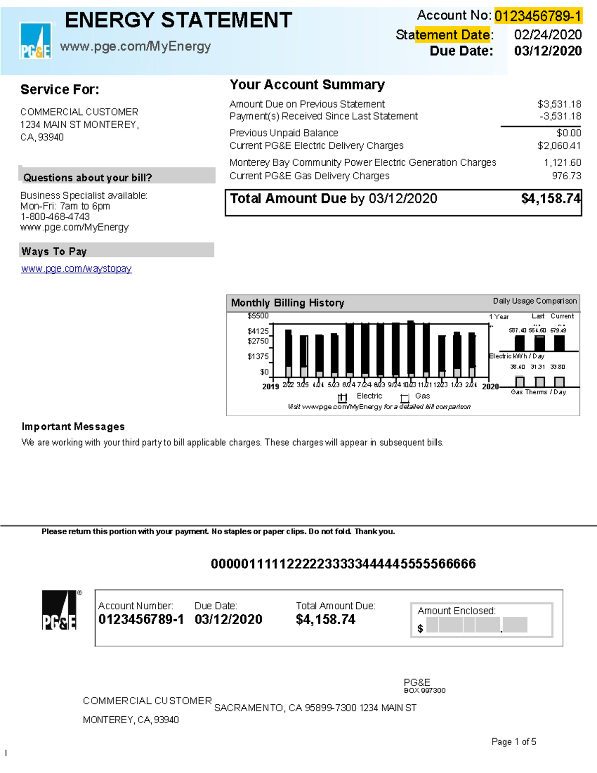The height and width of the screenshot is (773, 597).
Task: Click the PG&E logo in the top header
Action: [35, 41]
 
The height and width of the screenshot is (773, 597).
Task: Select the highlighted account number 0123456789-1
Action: [538, 16]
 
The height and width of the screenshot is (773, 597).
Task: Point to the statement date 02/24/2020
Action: [548, 35]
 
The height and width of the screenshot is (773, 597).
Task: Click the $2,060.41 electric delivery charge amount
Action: [559, 146]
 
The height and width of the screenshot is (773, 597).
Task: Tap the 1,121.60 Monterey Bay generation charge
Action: [562, 163]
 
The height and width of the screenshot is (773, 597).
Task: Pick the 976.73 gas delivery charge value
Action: [566, 176]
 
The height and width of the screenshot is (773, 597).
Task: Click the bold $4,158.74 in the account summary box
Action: [550, 199]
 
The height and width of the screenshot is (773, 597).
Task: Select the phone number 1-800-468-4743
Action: [55, 217]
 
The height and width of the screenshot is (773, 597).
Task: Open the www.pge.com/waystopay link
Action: [76, 269]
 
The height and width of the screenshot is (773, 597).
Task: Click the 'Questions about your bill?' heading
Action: [88, 178]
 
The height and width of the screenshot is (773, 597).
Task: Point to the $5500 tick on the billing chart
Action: [258, 316]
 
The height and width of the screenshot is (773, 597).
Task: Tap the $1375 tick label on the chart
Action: [258, 356]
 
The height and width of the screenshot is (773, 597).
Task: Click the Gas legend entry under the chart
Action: [422, 396]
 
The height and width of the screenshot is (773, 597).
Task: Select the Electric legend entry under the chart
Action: [369, 396]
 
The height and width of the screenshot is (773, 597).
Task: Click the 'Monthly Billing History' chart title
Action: [288, 303]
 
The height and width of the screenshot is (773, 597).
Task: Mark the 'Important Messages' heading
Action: [73, 427]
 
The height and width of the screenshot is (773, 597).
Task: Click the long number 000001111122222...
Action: [343, 564]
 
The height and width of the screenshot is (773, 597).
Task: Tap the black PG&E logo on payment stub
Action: [60, 611]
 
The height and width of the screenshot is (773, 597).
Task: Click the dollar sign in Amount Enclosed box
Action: [420, 629]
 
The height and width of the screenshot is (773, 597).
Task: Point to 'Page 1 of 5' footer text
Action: [513, 742]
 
